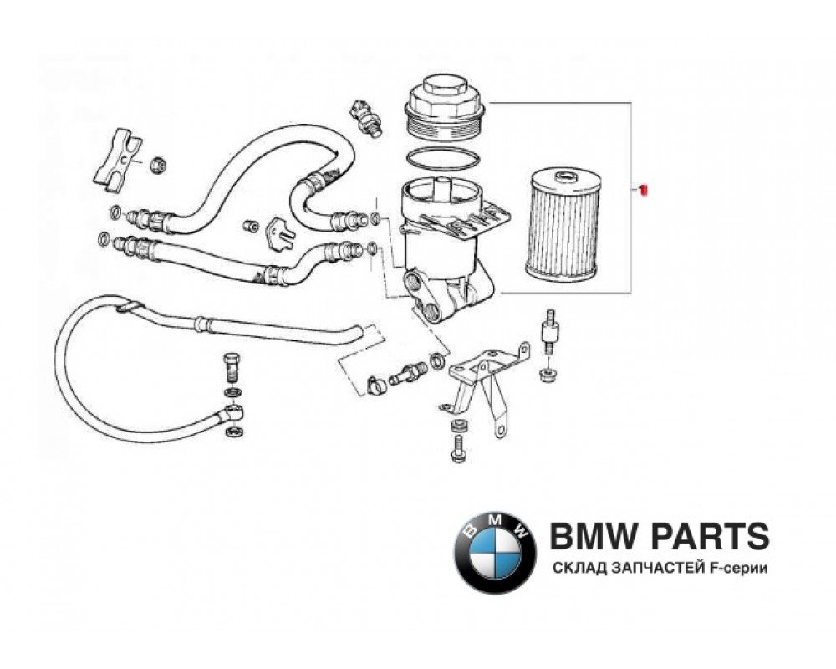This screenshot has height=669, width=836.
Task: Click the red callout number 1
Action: tap(643, 191)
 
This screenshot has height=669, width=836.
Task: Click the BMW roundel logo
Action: tap(495, 553)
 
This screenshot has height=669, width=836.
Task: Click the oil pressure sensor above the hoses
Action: tap(366, 118)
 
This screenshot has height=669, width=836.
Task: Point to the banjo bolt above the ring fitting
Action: tap(231, 367)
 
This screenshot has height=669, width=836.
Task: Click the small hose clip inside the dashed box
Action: tap(378, 384)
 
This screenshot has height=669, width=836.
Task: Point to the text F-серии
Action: tap(741, 569)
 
